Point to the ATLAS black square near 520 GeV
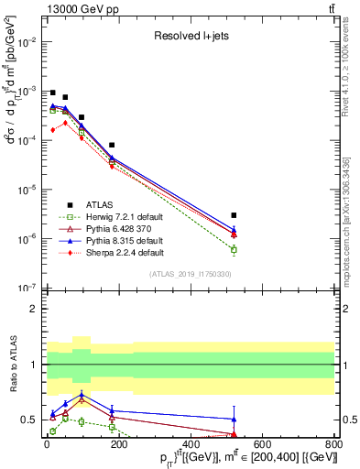(234, 215)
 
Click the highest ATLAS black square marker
(52, 93)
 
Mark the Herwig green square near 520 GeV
(234, 249)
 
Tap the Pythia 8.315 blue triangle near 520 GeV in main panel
(234, 230)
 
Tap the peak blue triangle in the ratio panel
(82, 396)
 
